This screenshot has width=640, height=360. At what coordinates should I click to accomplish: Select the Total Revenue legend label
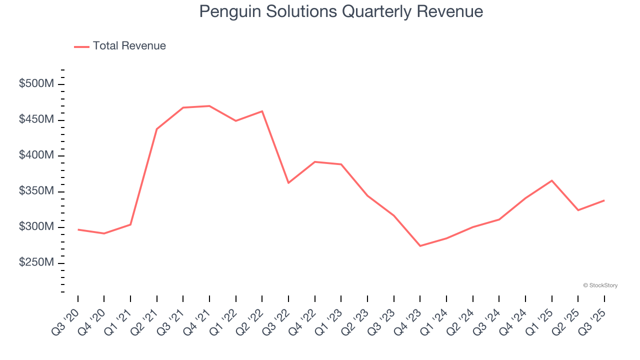point(129,46)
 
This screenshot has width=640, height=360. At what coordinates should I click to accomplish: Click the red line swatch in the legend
point(81,46)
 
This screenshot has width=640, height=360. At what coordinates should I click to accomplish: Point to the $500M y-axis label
point(36,84)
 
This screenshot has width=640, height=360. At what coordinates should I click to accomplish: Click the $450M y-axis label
point(36,120)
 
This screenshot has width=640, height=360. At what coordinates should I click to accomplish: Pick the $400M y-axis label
point(36,155)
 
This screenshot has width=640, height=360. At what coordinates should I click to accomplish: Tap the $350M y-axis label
point(36,191)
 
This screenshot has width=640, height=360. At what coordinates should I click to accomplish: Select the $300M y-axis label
point(36,227)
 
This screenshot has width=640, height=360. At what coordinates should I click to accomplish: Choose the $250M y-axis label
point(36,263)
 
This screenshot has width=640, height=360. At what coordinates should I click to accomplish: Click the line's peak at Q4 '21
point(209,106)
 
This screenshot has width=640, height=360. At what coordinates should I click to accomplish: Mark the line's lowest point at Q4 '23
point(420,246)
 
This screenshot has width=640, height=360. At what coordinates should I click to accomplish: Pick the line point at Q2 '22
point(262,111)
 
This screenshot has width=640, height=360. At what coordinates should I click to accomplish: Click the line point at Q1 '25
point(551,180)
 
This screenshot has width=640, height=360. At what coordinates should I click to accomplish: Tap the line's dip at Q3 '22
point(288,183)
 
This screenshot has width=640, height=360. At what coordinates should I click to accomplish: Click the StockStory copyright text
point(600,285)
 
